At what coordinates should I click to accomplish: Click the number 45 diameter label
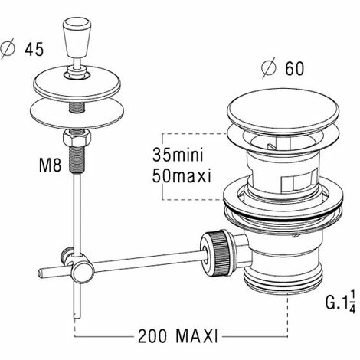(34, 49)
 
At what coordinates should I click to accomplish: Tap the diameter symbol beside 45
(8, 50)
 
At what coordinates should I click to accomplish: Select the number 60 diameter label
(295, 68)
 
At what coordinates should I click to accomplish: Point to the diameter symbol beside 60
(270, 68)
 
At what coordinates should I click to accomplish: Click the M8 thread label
(50, 165)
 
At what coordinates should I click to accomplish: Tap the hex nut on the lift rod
(77, 139)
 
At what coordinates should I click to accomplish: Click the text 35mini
(178, 155)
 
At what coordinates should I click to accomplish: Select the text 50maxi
(182, 175)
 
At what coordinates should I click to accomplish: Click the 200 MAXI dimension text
(178, 336)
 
